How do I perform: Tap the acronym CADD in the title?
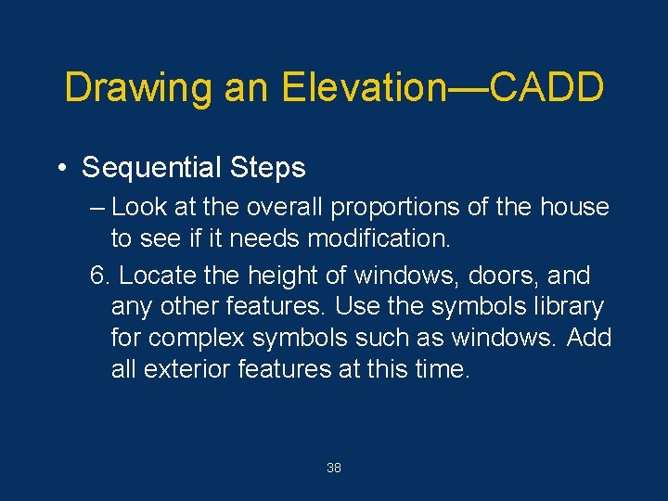(546, 88)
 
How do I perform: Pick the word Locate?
(155, 276)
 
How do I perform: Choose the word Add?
(588, 338)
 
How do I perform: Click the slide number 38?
(334, 469)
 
